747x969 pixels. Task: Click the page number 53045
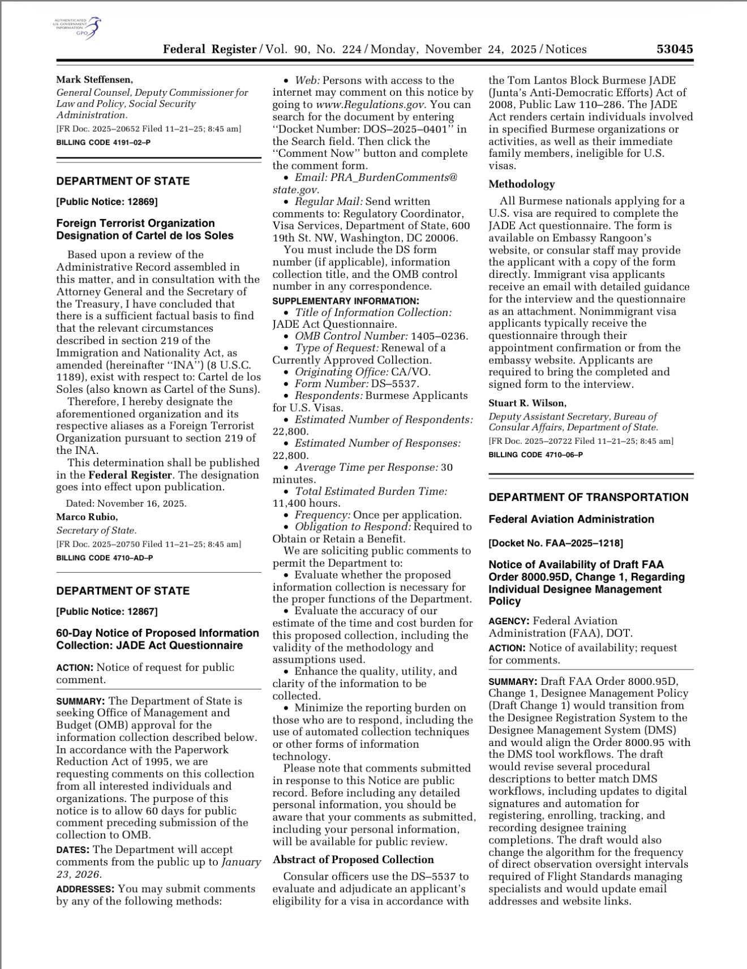tap(675, 49)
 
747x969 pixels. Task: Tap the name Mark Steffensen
tap(95, 80)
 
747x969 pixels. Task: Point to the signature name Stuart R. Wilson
tap(527, 403)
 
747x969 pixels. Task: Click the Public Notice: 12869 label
tap(106, 201)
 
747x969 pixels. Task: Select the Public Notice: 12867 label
tap(106, 611)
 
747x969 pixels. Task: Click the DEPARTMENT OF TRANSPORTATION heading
tap(589, 498)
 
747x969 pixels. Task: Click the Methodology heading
tap(521, 184)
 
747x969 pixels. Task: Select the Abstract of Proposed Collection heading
tap(353, 859)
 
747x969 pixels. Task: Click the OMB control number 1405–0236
tap(439, 336)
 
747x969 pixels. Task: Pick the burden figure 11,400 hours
tap(306, 503)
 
